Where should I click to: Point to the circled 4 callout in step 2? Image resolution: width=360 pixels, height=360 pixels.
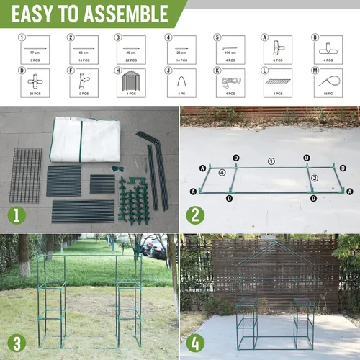[x=222, y=173]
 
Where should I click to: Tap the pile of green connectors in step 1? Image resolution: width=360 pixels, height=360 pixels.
[x=134, y=198]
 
